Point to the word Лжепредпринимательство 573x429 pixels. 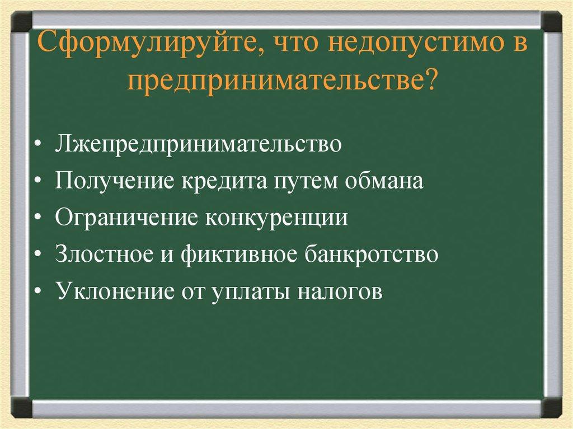click(x=198, y=144)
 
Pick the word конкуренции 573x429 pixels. click(x=275, y=218)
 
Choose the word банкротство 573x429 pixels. click(x=372, y=254)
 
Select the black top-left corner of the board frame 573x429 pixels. click(x=21, y=22)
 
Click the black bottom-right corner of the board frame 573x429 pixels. click(x=552, y=406)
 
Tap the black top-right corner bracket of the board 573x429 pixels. click(x=552, y=22)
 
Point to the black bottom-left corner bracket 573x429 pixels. click(x=21, y=406)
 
